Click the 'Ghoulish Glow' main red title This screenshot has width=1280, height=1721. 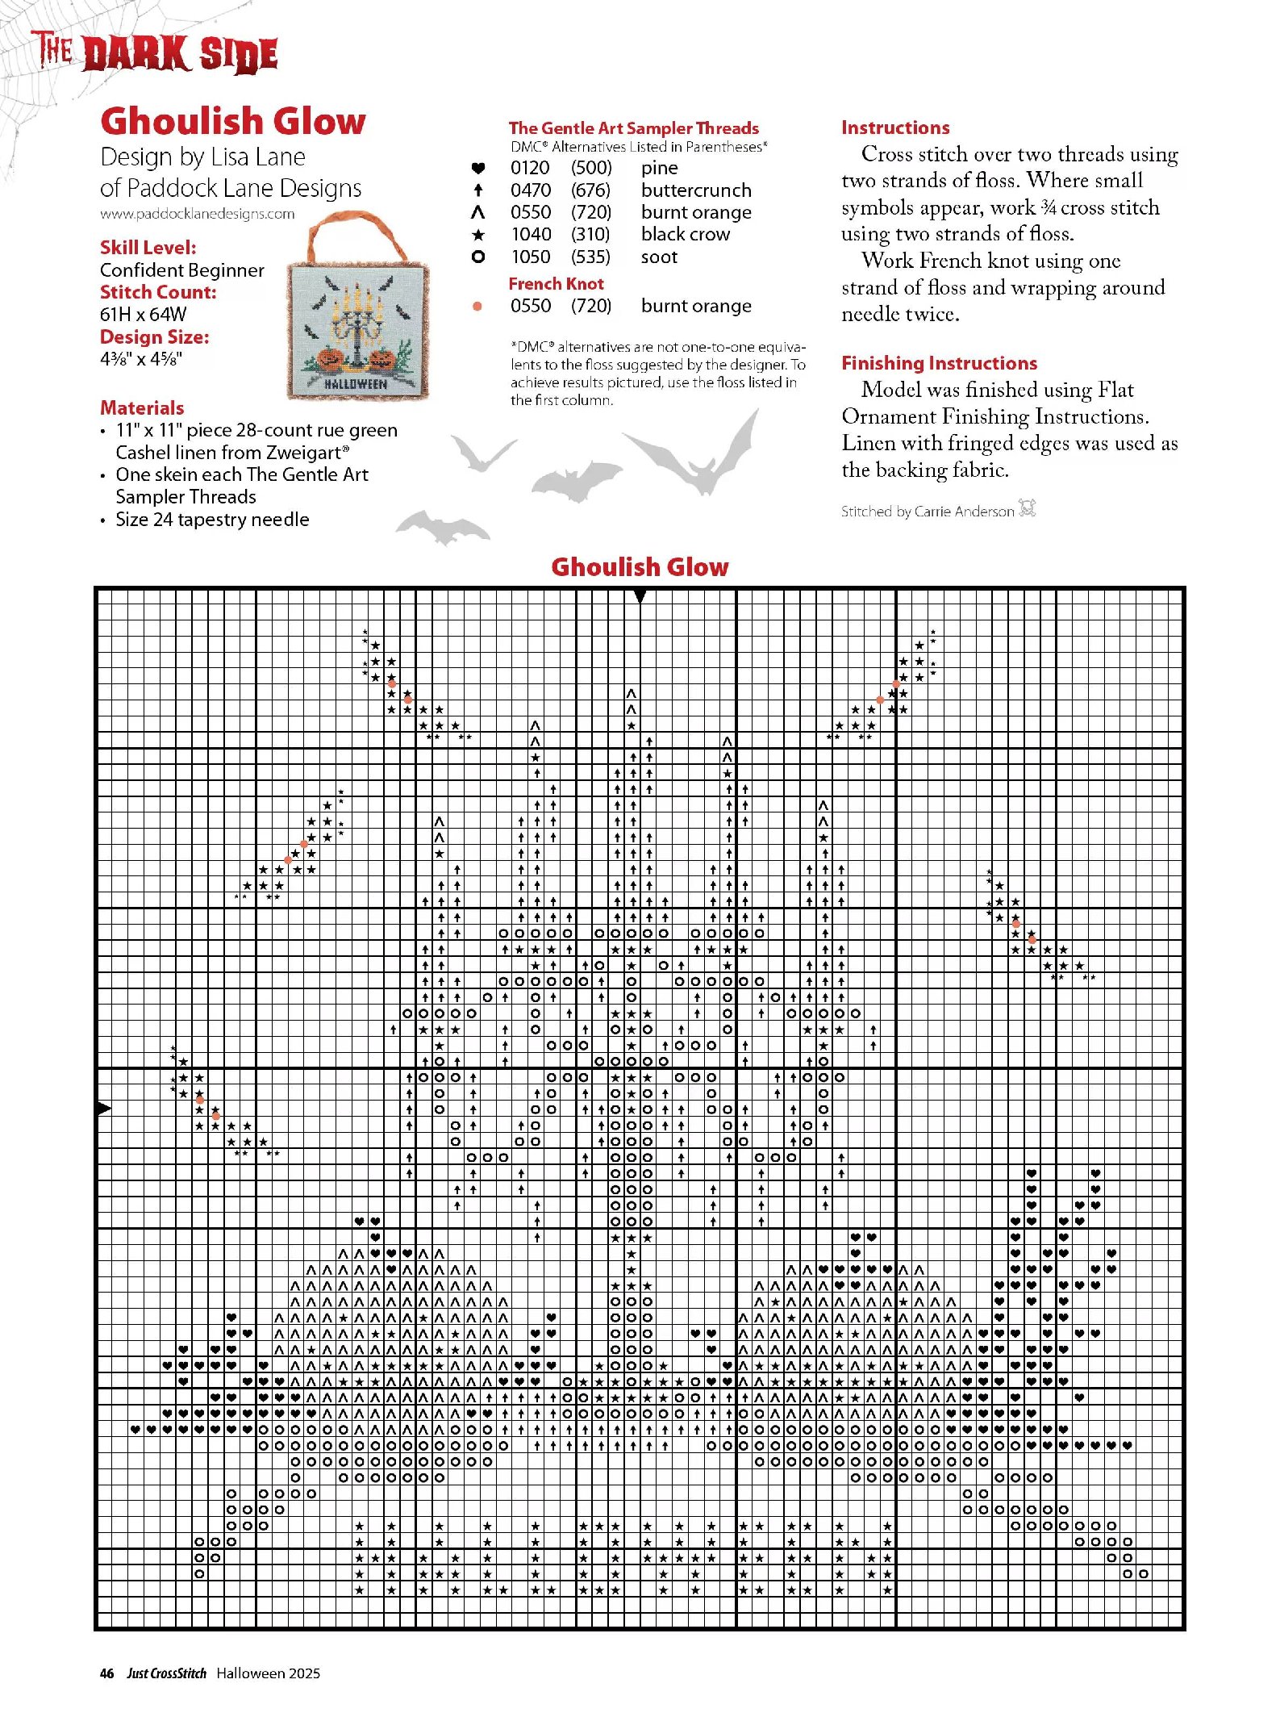(x=232, y=121)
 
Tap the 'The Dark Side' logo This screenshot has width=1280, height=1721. (x=155, y=53)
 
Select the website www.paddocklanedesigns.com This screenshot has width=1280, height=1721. (x=198, y=214)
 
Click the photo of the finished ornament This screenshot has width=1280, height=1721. (x=357, y=315)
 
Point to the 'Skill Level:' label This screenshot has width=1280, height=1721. (x=148, y=248)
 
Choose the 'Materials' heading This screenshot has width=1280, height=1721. (x=142, y=407)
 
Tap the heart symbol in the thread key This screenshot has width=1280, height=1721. (x=477, y=169)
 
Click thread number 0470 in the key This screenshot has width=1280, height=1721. (x=531, y=190)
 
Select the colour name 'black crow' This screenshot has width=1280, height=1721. (x=686, y=234)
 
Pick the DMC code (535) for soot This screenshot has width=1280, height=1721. (x=590, y=257)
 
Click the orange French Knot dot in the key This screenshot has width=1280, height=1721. (x=477, y=306)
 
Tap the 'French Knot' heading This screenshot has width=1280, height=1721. (x=556, y=284)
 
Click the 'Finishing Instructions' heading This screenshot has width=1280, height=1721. (x=939, y=363)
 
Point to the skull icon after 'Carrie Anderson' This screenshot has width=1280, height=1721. (x=1027, y=508)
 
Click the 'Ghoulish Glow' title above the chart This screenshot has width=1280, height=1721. (x=640, y=566)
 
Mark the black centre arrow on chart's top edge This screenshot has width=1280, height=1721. (x=640, y=596)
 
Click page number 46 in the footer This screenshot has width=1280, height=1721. (x=106, y=1673)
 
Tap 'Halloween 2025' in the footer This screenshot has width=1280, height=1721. (x=268, y=1673)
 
